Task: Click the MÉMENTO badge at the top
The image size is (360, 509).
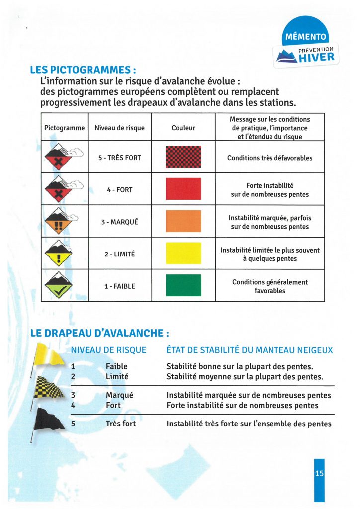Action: click(306, 37)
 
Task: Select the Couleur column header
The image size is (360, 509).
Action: click(183, 128)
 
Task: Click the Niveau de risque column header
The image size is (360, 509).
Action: click(119, 128)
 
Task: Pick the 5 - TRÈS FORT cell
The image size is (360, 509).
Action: click(119, 158)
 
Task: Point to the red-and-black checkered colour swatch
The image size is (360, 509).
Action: click(183, 157)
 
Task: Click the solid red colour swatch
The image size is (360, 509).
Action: click(183, 189)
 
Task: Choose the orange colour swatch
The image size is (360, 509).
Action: click(183, 221)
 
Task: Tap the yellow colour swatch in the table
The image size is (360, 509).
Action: click(183, 253)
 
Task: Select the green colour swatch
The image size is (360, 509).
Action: click(183, 285)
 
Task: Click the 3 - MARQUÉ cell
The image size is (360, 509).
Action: click(119, 222)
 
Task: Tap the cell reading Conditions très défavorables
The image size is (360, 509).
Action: click(270, 158)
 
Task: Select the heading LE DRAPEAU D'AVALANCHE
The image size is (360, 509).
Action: click(99, 333)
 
